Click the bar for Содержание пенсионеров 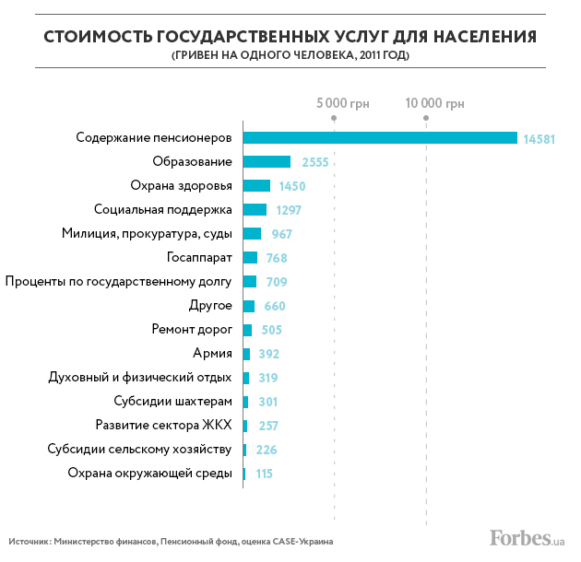[380, 138]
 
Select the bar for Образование [267, 162]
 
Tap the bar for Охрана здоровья [256, 186]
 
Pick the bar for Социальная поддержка [255, 210]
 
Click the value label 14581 [538, 139]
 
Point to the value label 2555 [314, 163]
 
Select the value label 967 [281, 234]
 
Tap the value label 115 [264, 474]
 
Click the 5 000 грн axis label [342, 103]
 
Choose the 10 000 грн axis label [435, 103]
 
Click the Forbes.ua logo [524, 537]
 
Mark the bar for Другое [248, 306]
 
